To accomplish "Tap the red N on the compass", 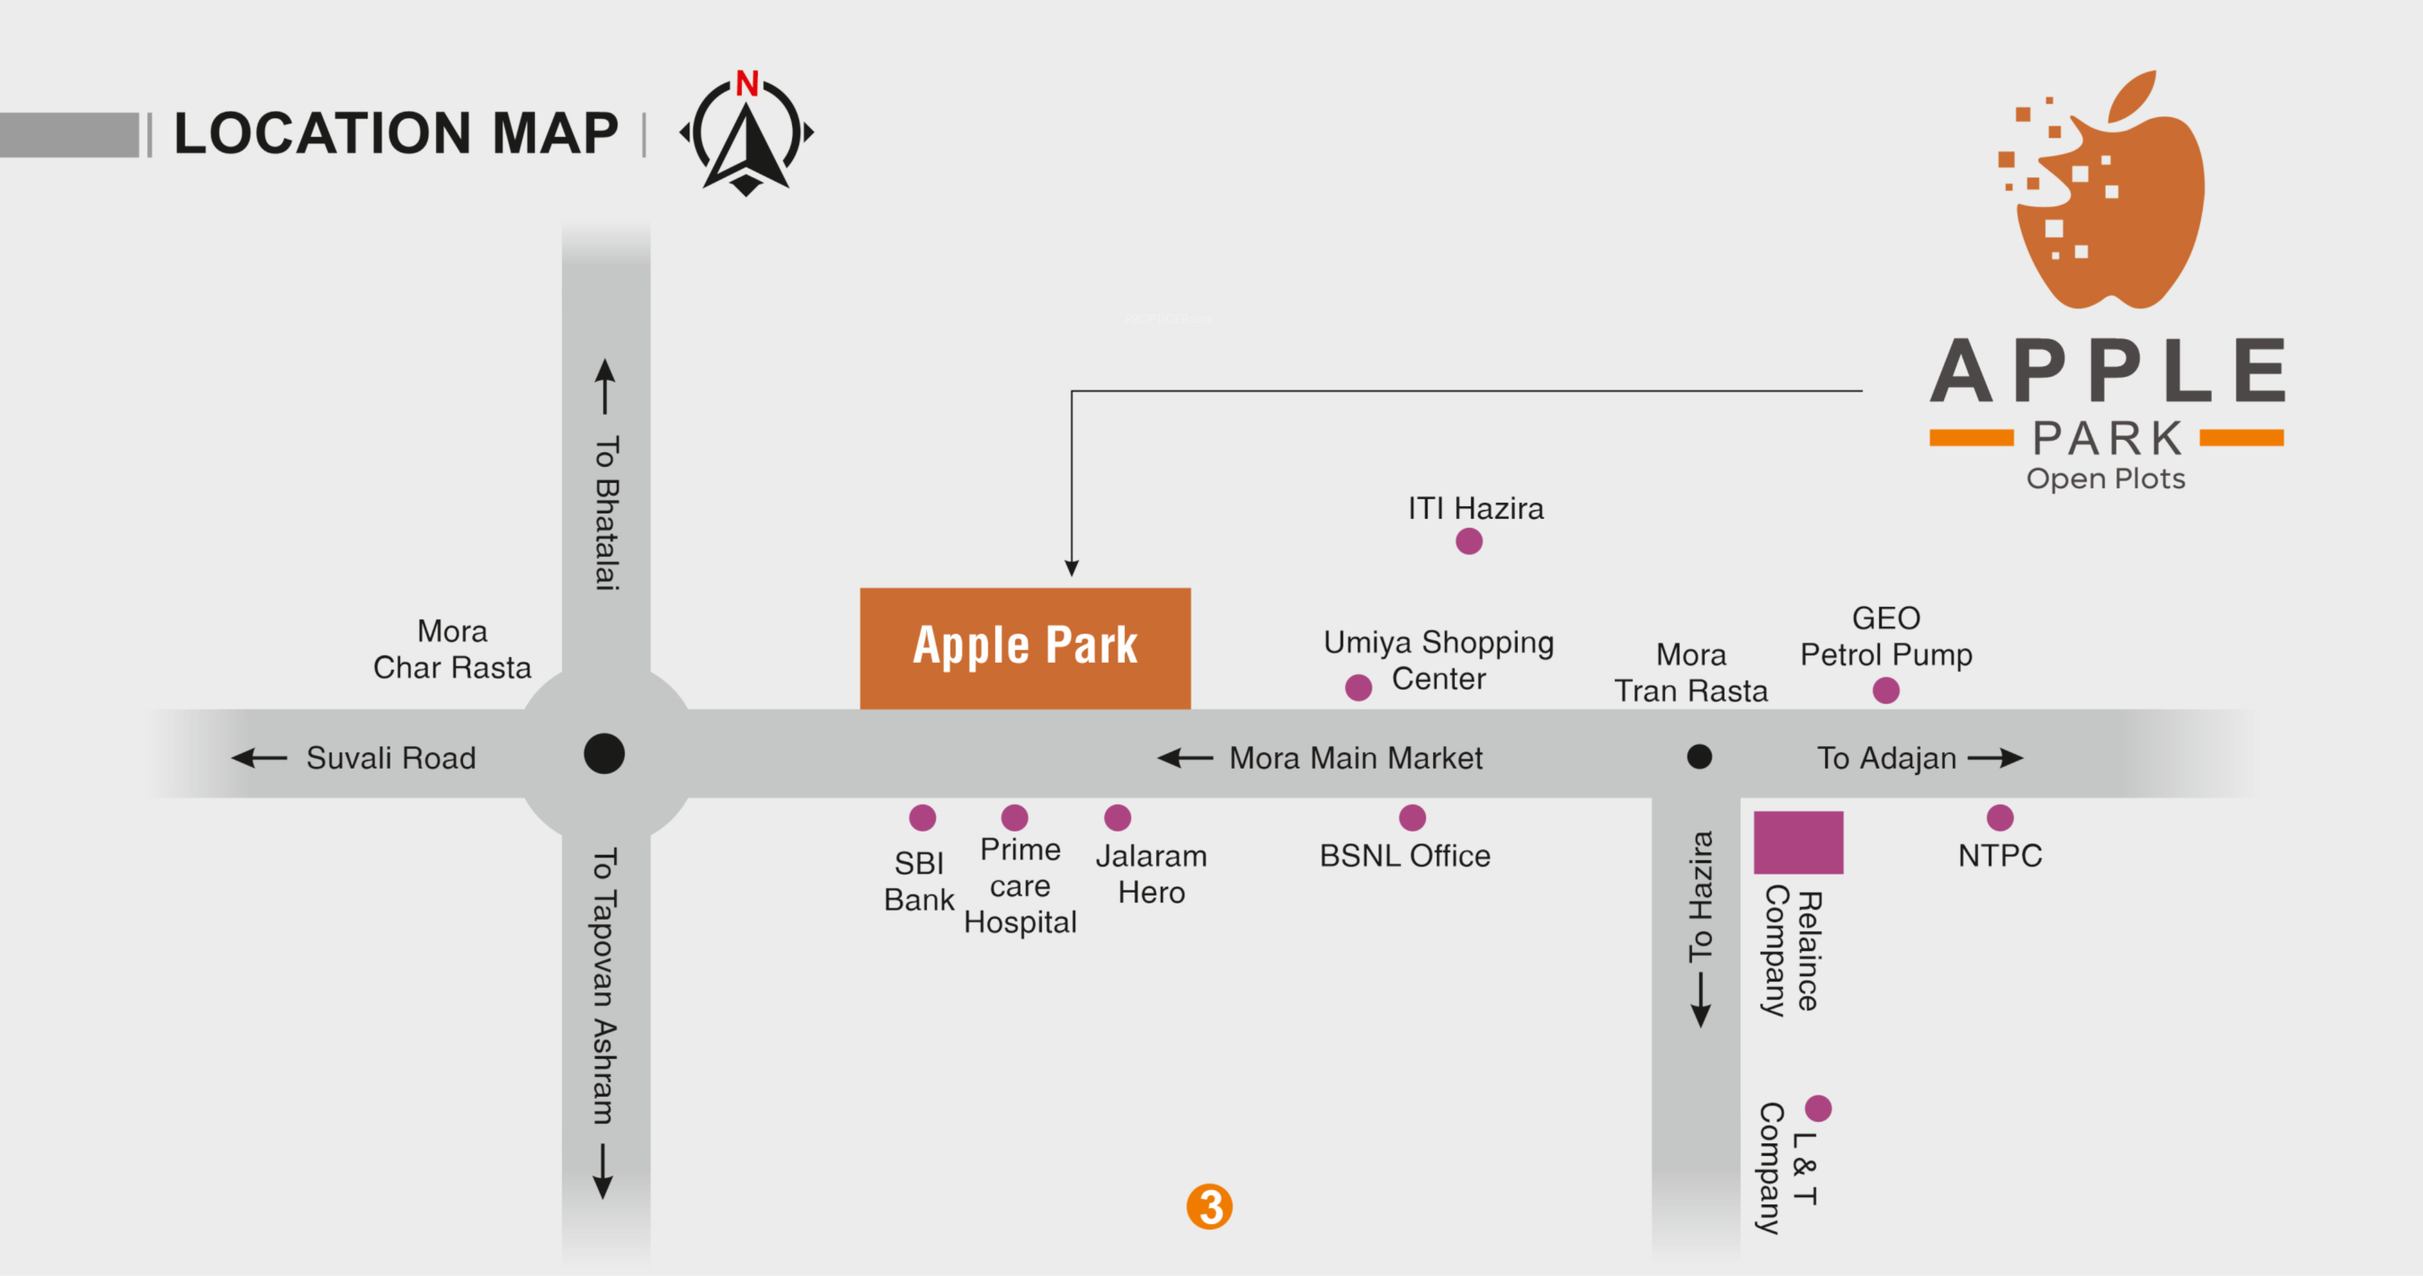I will (x=747, y=84).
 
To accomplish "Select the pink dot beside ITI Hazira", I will (x=1469, y=542).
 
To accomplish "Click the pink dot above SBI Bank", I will (x=922, y=817).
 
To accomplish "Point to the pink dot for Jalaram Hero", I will (x=1116, y=817).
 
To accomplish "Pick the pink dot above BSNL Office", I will (x=1412, y=817).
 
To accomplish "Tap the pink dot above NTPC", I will (x=1999, y=817).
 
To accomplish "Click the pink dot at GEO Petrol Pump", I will (x=1885, y=690).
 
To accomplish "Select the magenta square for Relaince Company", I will (x=1797, y=841).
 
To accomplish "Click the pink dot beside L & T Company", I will (x=1817, y=1108).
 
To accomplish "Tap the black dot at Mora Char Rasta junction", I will (x=604, y=754).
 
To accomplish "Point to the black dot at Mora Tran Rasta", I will (x=1699, y=756).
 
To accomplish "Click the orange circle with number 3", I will (x=1209, y=1207).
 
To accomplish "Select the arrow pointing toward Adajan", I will (x=1995, y=758).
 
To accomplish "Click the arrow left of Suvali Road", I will (x=259, y=758).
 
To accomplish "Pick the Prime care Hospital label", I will (x=1020, y=886).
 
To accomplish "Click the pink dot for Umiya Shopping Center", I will (x=1357, y=687).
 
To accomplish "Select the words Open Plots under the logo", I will (x=2105, y=478).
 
